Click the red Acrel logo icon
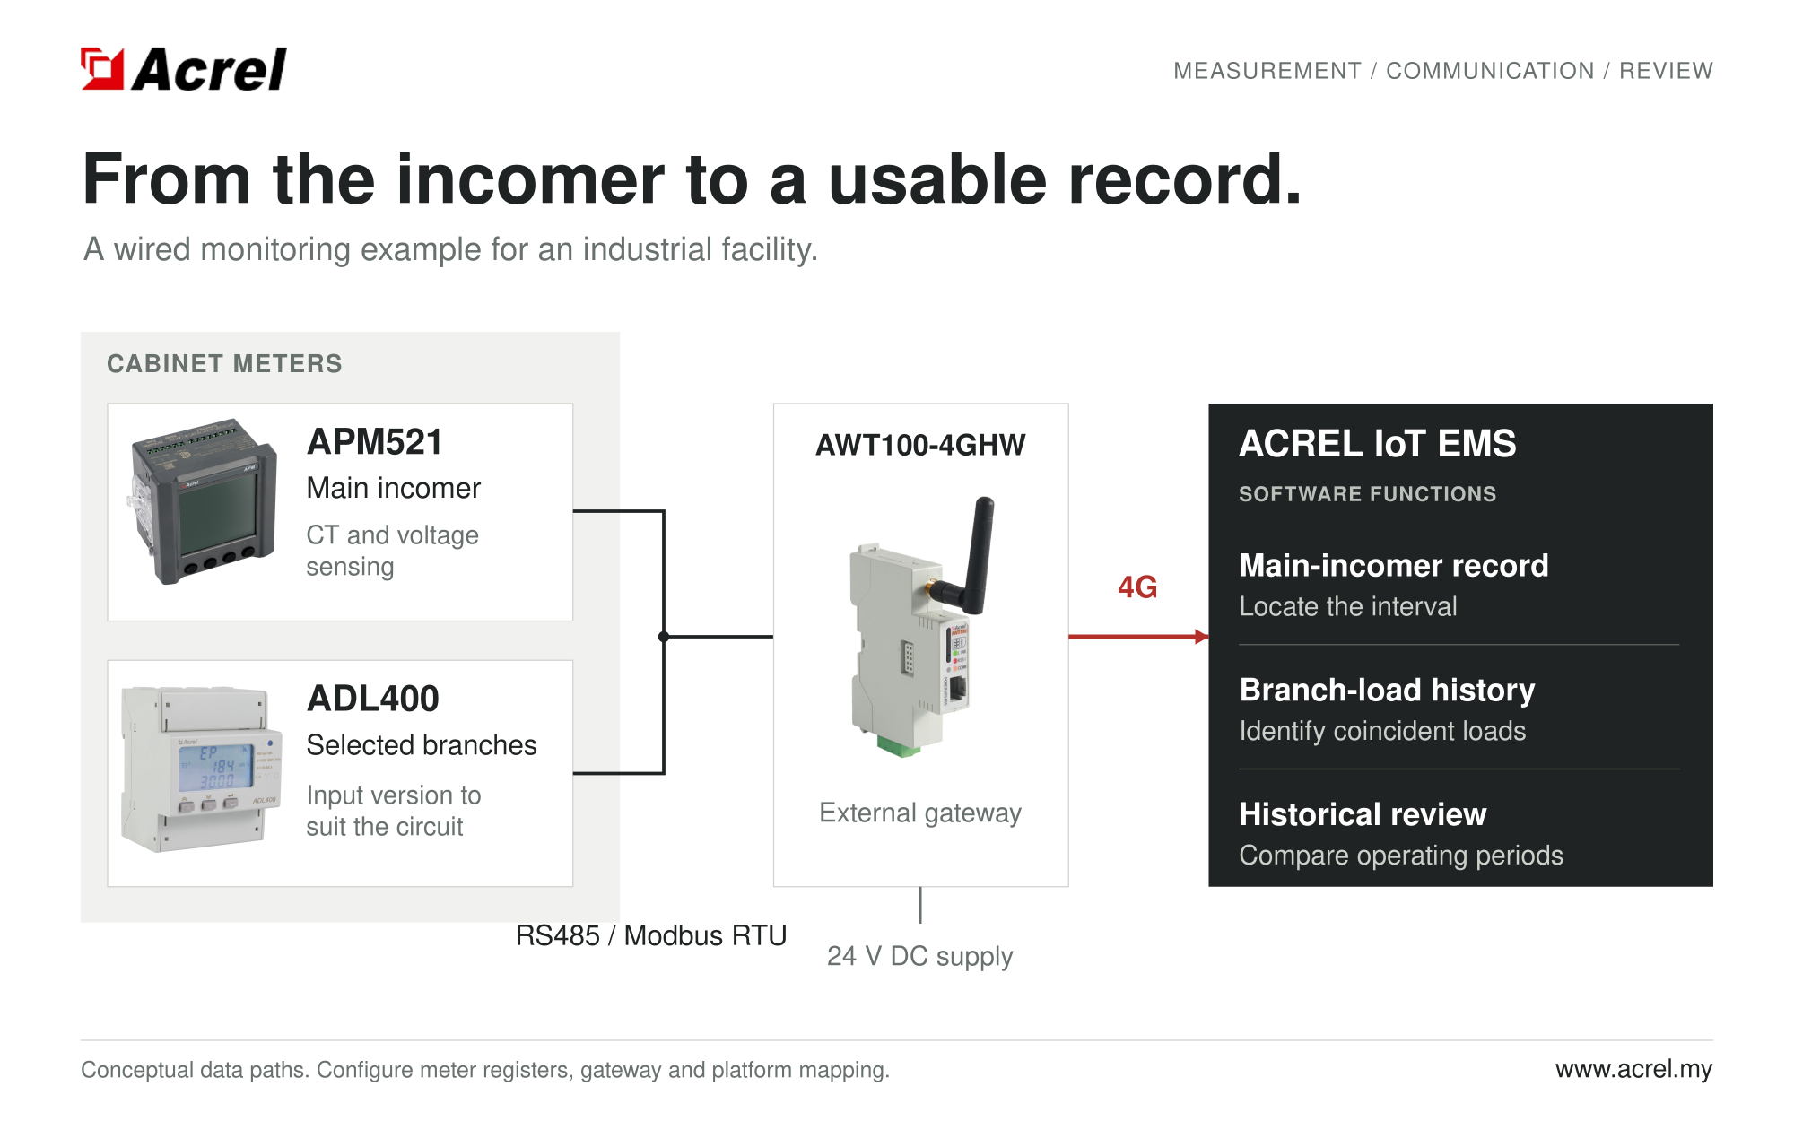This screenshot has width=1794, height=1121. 102,69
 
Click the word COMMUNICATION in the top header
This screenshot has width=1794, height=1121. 1490,71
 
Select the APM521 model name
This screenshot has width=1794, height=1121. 375,442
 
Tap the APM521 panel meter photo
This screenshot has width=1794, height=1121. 203,500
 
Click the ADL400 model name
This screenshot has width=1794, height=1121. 373,699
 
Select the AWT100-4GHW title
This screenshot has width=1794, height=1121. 920,445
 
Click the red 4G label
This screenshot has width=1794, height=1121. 1137,587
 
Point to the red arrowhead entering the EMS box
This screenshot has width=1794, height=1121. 1202,637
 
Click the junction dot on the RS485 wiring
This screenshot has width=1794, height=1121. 664,637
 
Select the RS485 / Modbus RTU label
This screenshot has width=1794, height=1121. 651,935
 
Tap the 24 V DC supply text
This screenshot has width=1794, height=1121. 920,956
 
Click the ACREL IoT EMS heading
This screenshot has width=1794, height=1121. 1378,444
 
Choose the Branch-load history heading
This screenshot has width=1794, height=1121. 1388,690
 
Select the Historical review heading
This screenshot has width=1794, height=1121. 1363,814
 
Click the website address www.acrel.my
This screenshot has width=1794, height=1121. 1634,1069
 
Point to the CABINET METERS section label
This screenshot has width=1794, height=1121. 225,363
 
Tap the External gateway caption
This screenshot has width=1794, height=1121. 920,813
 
